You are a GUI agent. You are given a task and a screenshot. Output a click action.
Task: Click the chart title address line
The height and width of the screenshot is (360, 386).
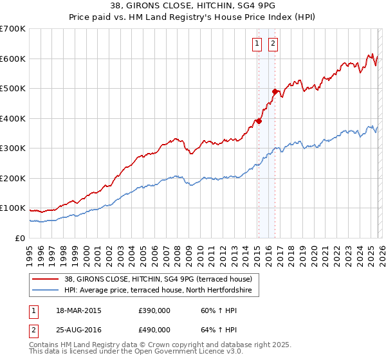[192, 6]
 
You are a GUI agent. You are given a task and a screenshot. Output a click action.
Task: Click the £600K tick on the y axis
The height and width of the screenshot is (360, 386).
[13, 59]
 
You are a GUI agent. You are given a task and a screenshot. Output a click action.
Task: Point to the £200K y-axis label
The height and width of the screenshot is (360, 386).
[13, 178]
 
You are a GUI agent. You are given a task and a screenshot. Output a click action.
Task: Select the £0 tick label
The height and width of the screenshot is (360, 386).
[20, 238]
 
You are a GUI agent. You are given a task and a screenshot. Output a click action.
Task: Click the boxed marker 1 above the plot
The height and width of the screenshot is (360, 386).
[257, 44]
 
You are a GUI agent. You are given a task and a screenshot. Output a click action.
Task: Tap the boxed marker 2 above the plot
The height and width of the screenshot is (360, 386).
[273, 44]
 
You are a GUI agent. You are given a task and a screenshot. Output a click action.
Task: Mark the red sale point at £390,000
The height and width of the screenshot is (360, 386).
[259, 121]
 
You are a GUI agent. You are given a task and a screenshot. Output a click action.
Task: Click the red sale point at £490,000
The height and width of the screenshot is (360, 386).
[275, 91]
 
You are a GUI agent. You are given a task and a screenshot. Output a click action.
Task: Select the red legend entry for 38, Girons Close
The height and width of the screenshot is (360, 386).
[161, 279]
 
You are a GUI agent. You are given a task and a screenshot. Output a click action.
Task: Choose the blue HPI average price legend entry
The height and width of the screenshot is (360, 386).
[161, 291]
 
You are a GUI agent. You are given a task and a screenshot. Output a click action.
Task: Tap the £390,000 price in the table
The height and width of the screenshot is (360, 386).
[154, 310]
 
